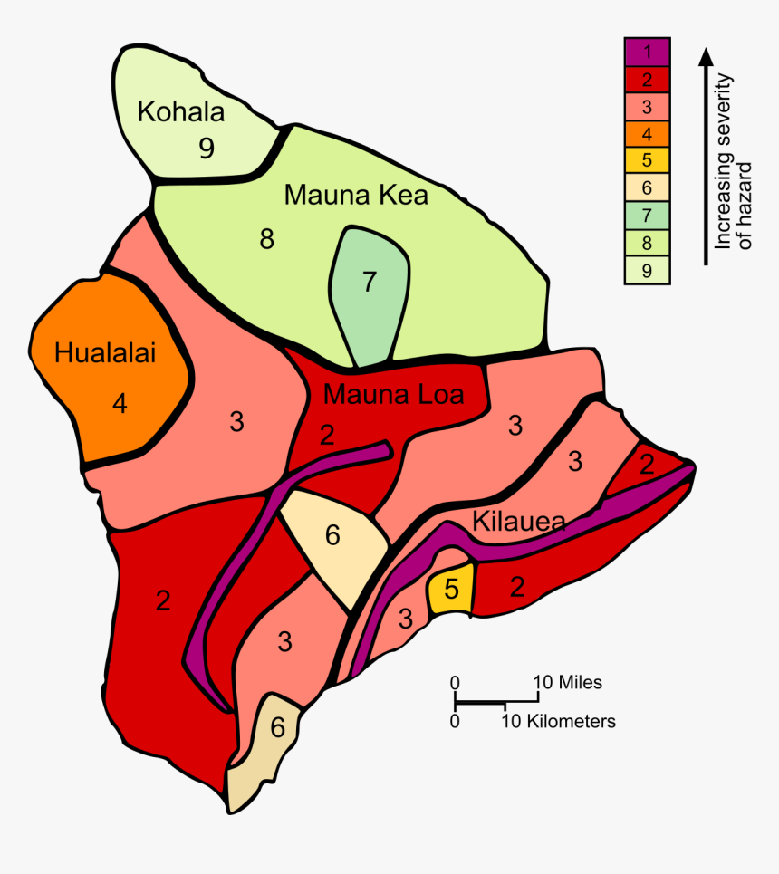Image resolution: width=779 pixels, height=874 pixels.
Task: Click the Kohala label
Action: [180, 111]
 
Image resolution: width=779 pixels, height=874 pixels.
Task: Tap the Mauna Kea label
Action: [355, 195]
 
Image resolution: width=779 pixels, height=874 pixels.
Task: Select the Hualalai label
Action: [105, 352]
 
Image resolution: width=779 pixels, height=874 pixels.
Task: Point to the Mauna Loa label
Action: [393, 395]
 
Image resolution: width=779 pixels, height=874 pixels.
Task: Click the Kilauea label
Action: [519, 522]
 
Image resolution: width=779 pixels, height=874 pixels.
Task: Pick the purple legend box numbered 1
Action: [647, 51]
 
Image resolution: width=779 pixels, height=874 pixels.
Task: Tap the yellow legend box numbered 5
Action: [647, 161]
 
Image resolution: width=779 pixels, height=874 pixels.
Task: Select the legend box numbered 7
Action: [647, 216]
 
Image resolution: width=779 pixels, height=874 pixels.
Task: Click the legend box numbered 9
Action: [647, 269]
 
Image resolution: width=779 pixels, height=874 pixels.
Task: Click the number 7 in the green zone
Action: [369, 282]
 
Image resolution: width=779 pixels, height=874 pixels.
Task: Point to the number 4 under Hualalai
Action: [120, 403]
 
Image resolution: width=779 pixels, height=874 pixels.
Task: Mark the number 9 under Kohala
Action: [207, 148]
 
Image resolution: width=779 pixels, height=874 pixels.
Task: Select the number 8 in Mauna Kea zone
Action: [266, 239]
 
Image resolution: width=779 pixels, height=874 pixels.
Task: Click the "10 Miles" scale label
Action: [567, 682]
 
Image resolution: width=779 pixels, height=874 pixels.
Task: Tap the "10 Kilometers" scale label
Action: [560, 722]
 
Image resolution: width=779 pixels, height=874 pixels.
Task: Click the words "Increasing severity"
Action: [724, 161]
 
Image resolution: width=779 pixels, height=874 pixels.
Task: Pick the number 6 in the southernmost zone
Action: [277, 727]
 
